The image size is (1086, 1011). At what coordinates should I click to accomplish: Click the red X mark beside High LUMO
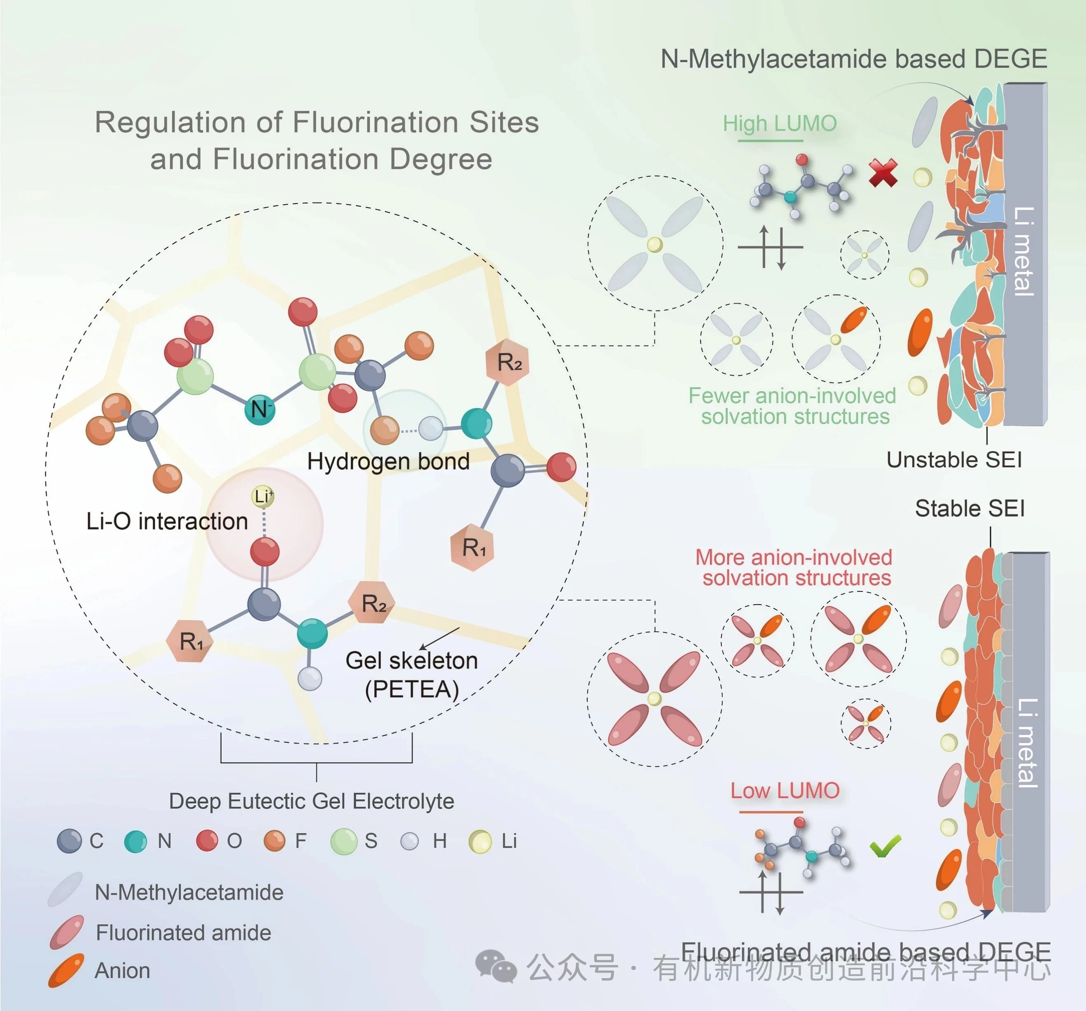883,173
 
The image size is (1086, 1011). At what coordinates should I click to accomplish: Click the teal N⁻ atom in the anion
259,409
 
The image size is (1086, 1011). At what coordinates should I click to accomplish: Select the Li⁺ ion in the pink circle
263,496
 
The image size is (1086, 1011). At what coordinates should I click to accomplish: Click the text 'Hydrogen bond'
388,462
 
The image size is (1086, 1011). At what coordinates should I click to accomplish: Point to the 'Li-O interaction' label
167,521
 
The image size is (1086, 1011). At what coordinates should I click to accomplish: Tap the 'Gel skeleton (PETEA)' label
411,675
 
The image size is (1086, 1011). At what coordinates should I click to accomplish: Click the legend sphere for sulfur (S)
343,841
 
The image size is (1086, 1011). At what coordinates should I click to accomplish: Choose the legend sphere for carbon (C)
69,841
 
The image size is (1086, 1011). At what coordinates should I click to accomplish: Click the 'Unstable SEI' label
954,460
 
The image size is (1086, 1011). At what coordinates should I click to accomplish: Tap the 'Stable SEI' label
969,509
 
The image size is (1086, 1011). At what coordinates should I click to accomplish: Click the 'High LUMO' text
780,124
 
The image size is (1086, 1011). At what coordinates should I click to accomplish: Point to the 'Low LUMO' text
785,790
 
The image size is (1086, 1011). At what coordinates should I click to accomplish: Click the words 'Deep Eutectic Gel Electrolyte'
311,801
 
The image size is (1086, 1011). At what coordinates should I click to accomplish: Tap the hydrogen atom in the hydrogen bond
430,429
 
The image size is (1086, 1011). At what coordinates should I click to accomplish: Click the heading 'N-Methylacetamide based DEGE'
853,59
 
